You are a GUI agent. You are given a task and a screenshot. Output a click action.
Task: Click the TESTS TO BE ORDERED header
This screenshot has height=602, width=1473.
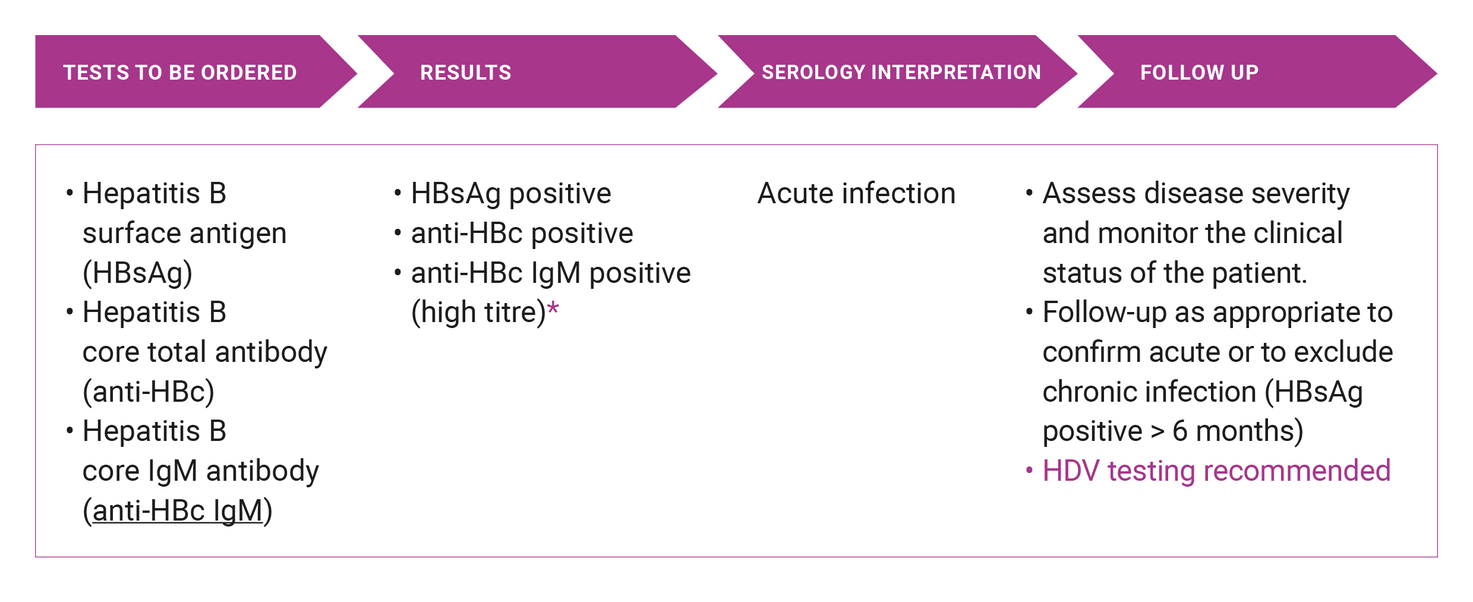[x=180, y=73]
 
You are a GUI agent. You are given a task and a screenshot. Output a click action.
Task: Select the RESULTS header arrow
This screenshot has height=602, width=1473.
[x=537, y=71]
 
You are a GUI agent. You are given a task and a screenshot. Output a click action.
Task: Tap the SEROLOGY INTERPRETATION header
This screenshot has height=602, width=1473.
[x=901, y=73]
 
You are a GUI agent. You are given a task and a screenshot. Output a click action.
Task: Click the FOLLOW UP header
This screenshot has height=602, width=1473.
[x=1199, y=73]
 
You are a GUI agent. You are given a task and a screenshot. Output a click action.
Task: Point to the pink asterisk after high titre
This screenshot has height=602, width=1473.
[x=553, y=308]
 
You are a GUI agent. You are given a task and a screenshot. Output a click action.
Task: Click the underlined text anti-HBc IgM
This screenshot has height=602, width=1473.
[x=178, y=510]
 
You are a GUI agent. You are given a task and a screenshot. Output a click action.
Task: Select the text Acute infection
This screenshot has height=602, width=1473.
[x=856, y=193]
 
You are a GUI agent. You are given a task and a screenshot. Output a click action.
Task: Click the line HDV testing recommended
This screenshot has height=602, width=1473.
[x=1216, y=471]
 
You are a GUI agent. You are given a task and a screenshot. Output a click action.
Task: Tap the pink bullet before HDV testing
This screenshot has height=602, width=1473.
[x=1029, y=471]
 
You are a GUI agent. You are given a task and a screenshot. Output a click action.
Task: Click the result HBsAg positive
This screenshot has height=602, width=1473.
[x=511, y=194]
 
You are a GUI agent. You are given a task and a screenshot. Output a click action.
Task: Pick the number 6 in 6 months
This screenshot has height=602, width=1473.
[x=1180, y=431]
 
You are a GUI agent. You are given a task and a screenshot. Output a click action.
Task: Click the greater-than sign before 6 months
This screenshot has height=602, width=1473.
[x=1157, y=432]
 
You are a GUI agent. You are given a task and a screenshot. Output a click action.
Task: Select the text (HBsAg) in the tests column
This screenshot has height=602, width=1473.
[x=138, y=273]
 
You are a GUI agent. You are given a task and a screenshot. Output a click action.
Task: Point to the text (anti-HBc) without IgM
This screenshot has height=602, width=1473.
[x=149, y=392]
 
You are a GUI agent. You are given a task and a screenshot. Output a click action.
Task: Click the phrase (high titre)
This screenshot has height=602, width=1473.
[x=478, y=313]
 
